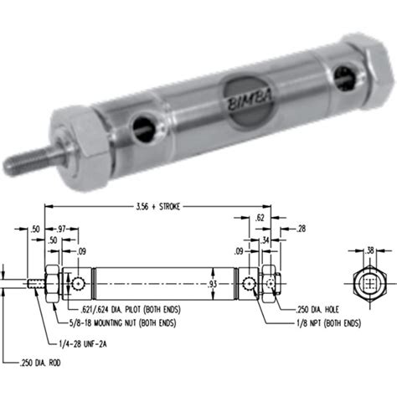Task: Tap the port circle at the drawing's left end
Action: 77,285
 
